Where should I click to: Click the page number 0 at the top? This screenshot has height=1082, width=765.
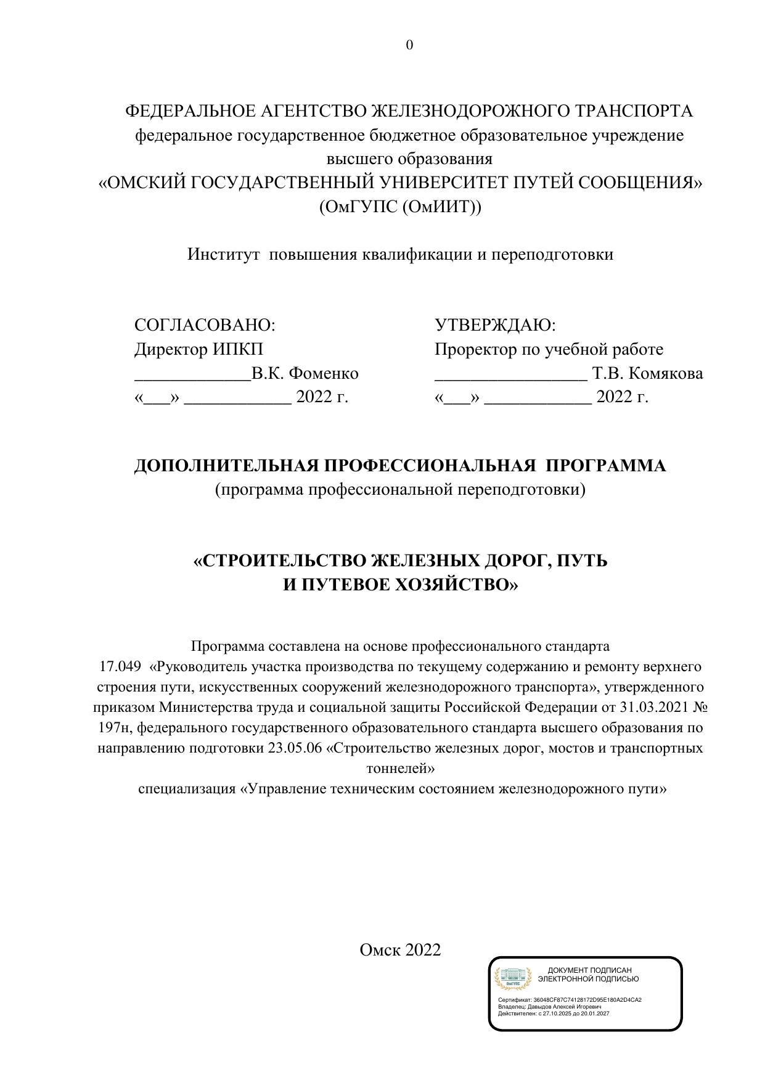tap(409, 45)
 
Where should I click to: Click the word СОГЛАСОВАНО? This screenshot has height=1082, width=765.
tap(203, 325)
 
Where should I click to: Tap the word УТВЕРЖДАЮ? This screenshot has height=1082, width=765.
tap(494, 325)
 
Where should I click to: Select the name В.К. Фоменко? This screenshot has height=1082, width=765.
tap(305, 374)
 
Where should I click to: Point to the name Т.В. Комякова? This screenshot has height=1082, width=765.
tap(647, 374)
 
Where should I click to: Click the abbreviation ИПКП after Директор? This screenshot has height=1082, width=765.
tap(238, 349)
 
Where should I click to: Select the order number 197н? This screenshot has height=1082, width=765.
tap(115, 728)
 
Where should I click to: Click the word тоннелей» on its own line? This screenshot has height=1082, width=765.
tap(401, 769)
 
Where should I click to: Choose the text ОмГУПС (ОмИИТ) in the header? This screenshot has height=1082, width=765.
tap(400, 207)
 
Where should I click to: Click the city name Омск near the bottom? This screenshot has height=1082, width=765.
tap(380, 949)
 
